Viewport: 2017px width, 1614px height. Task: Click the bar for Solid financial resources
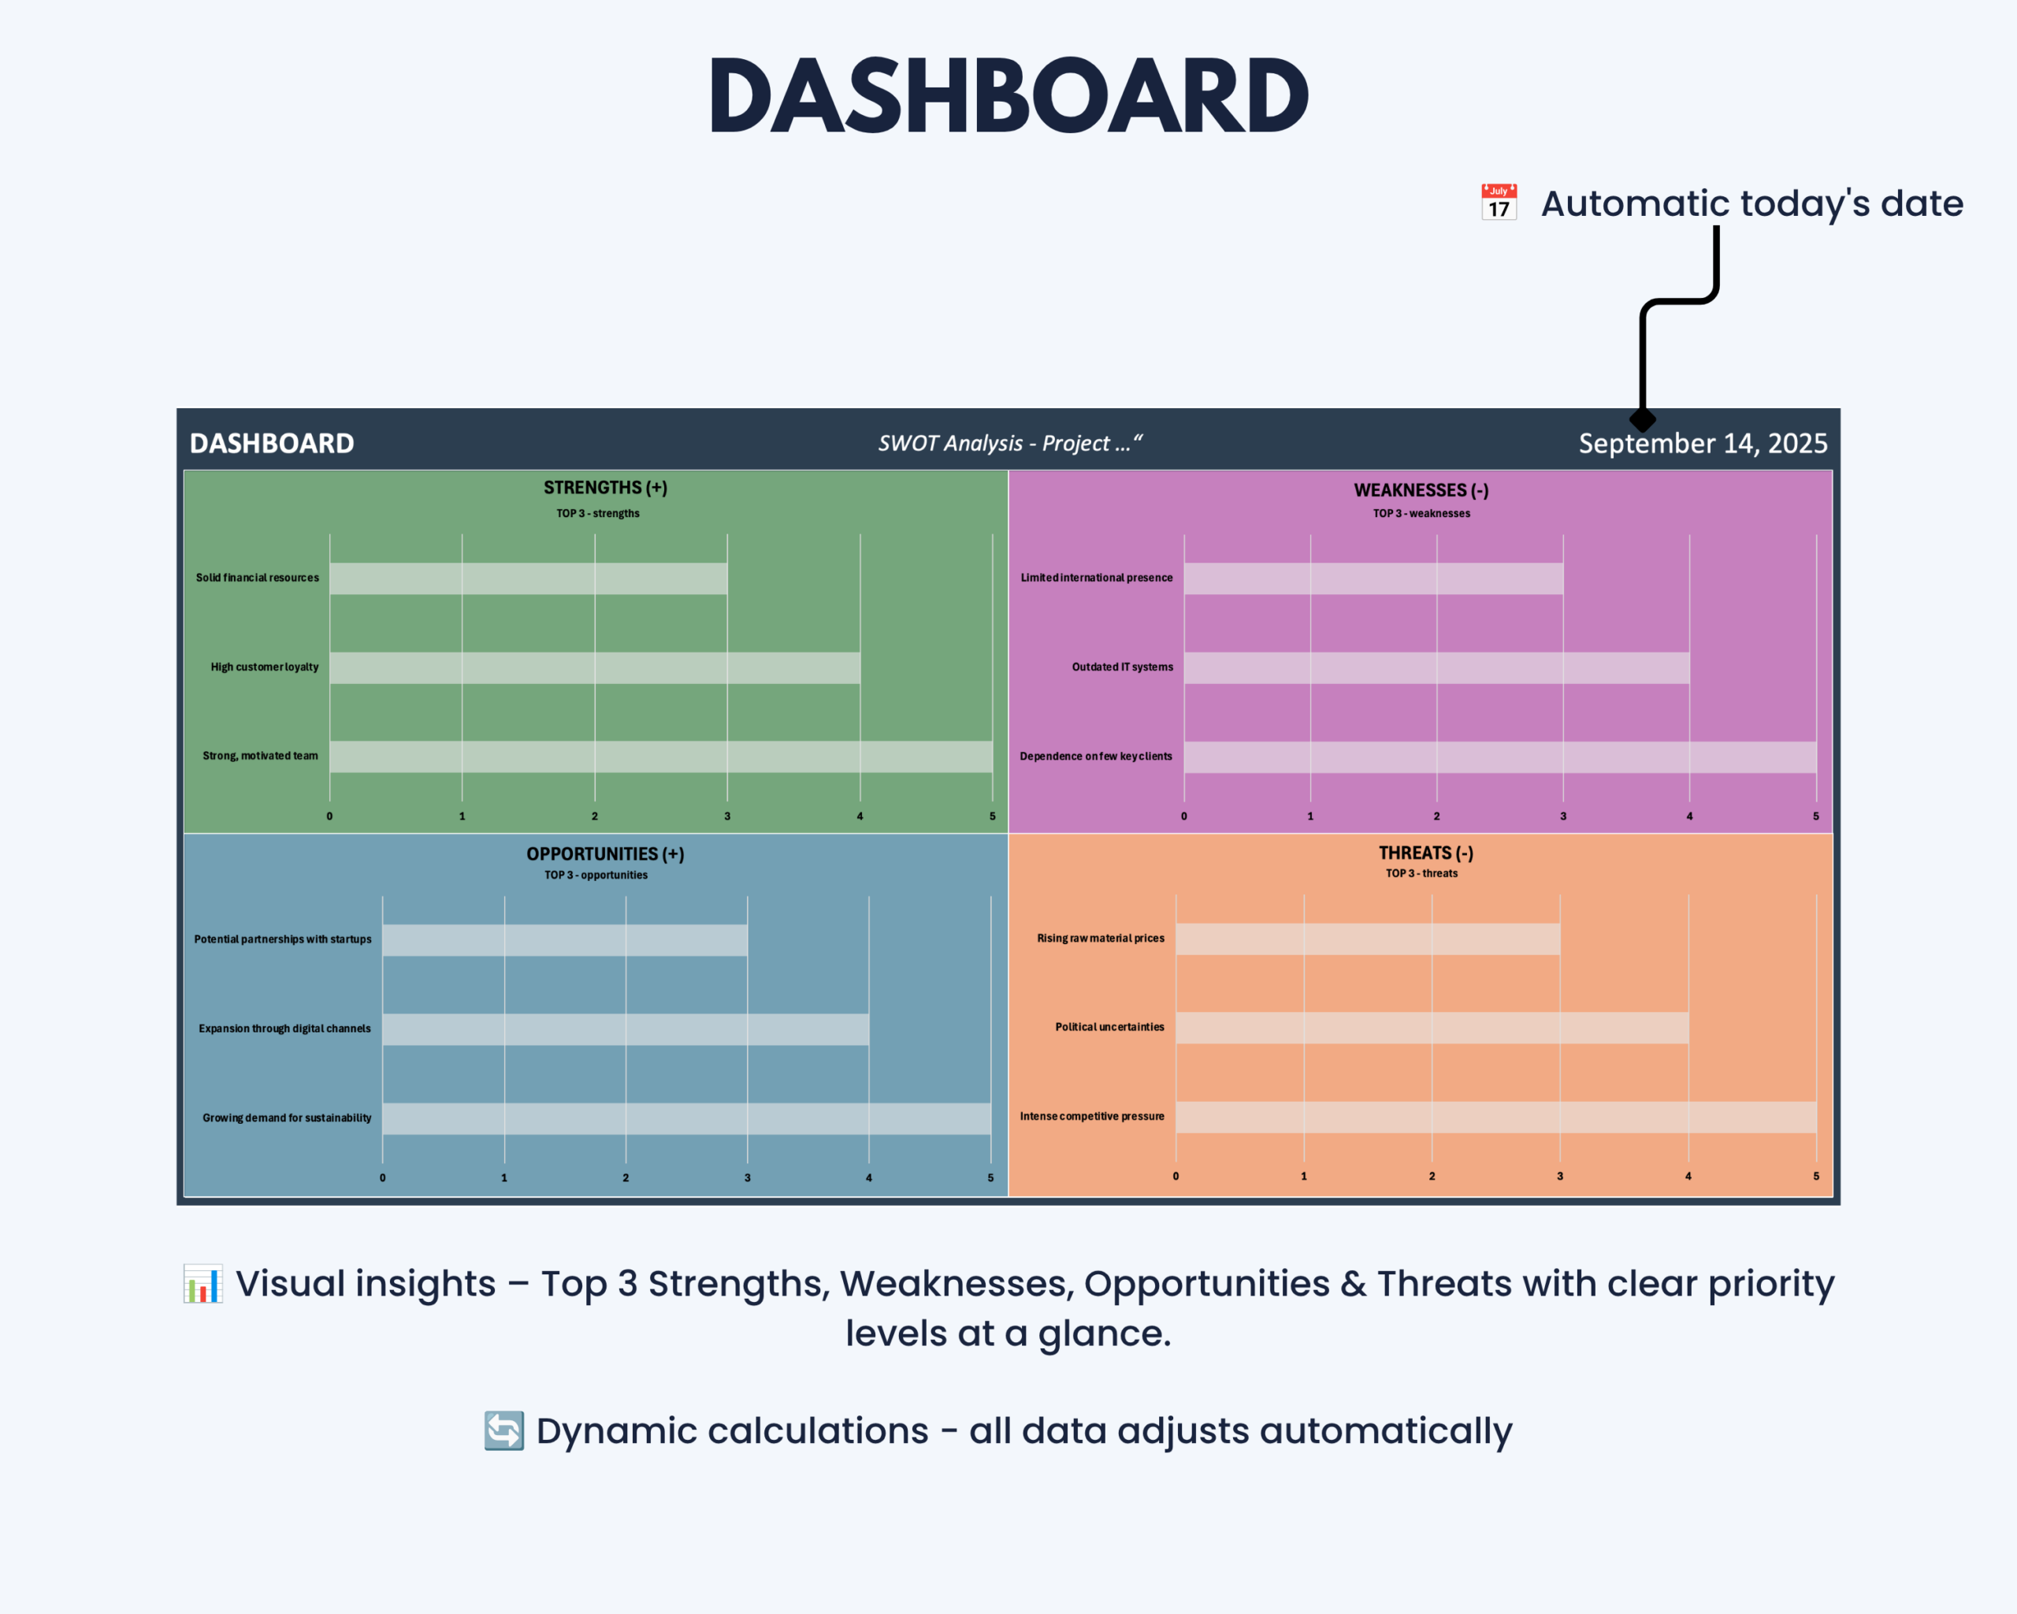click(529, 578)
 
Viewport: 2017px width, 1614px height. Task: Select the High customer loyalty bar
click(595, 668)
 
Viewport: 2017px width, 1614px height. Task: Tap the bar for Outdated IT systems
click(1437, 668)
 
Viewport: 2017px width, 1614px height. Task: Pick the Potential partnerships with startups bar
click(565, 940)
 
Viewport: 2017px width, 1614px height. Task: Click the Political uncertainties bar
click(1432, 1028)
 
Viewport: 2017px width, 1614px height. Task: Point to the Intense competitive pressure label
click(1092, 1116)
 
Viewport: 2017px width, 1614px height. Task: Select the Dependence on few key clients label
click(1095, 756)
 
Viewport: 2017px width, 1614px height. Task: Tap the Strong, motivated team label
click(260, 756)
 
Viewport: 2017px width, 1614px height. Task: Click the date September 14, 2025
click(1703, 444)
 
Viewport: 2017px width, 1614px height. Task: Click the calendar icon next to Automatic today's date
click(1499, 202)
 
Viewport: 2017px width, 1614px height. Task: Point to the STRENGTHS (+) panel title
click(605, 488)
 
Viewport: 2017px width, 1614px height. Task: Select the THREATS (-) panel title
click(1426, 853)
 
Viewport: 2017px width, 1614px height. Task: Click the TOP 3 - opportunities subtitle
click(596, 875)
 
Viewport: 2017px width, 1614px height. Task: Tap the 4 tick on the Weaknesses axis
click(1689, 816)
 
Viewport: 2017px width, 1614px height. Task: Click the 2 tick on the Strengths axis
click(594, 816)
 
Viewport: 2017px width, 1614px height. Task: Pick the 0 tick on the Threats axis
click(1176, 1176)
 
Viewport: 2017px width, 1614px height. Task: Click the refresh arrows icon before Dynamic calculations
click(504, 1430)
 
